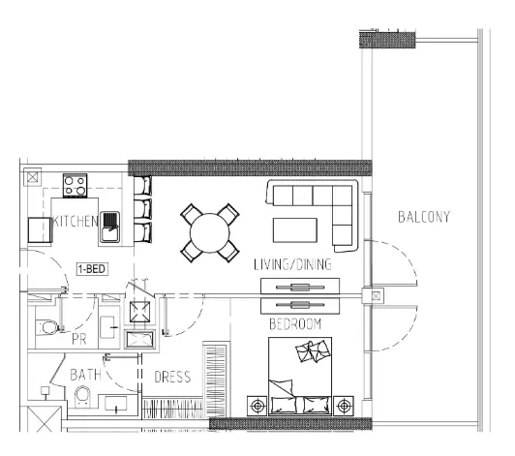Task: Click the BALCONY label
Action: point(424,217)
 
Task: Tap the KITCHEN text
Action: point(76,222)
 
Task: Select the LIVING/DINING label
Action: point(292,264)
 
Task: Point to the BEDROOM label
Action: point(295,324)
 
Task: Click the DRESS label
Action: point(172,377)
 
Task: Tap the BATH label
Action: point(86,375)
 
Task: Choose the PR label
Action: point(78,340)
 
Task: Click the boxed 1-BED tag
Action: point(92,269)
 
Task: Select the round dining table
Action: point(209,233)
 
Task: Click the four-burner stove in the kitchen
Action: point(76,186)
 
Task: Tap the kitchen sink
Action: point(109,227)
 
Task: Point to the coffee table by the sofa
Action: point(295,230)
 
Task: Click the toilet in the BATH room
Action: point(82,396)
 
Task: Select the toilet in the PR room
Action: point(47,327)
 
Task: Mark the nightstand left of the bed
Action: point(257,406)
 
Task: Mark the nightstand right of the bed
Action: point(344,406)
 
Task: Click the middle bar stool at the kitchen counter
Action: point(143,209)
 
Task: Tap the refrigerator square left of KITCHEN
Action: point(39,230)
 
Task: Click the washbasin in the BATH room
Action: point(116,404)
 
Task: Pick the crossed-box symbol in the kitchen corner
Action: point(33,177)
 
